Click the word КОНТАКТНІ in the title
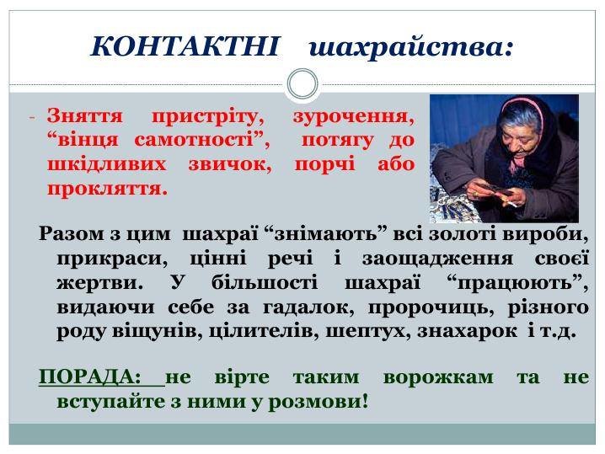pyautogui.click(x=185, y=46)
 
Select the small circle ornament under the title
pyautogui.click(x=302, y=84)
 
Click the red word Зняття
pyautogui.click(x=85, y=115)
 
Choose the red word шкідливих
pyautogui.click(x=107, y=164)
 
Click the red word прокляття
pyautogui.click(x=108, y=189)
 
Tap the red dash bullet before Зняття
pyautogui.click(x=32, y=117)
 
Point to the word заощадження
pyautogui.click(x=437, y=259)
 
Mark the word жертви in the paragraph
pyautogui.click(x=99, y=283)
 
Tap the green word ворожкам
pyautogui.click(x=438, y=377)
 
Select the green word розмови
pyautogui.click(x=319, y=402)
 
